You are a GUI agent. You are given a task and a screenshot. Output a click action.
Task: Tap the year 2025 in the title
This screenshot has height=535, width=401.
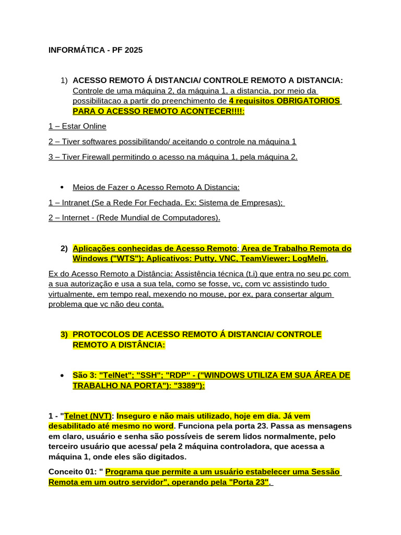coord(133,50)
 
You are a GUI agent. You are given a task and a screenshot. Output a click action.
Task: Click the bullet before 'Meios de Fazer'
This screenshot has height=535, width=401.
coord(63,187)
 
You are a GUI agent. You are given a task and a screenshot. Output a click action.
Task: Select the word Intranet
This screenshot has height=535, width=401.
coord(78,202)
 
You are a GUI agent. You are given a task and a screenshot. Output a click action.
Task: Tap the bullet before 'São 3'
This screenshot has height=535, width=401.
coord(63,376)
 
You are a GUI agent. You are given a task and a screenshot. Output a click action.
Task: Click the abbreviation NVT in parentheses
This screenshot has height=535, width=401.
coord(100,416)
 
